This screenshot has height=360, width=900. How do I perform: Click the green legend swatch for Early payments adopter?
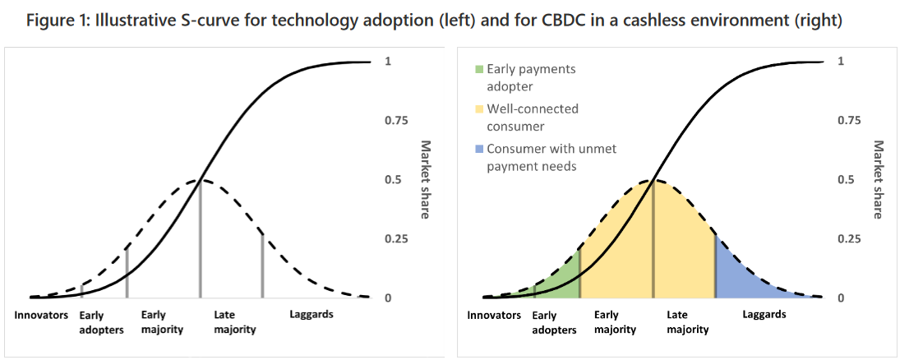click(x=479, y=70)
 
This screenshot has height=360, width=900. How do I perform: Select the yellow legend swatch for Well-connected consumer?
click(x=479, y=109)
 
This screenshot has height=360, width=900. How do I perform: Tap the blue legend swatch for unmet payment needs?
click(x=479, y=149)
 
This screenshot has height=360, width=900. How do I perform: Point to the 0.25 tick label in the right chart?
click(x=849, y=239)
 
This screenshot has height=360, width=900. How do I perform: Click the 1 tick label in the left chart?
click(x=388, y=62)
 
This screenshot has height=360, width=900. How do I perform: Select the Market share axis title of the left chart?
click(x=427, y=179)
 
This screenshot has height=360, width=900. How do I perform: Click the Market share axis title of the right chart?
click(x=878, y=179)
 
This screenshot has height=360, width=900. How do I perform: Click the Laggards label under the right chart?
click(x=764, y=314)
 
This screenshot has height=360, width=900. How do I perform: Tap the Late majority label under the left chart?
click(x=234, y=321)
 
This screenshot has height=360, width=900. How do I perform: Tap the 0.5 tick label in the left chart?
click(x=393, y=180)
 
